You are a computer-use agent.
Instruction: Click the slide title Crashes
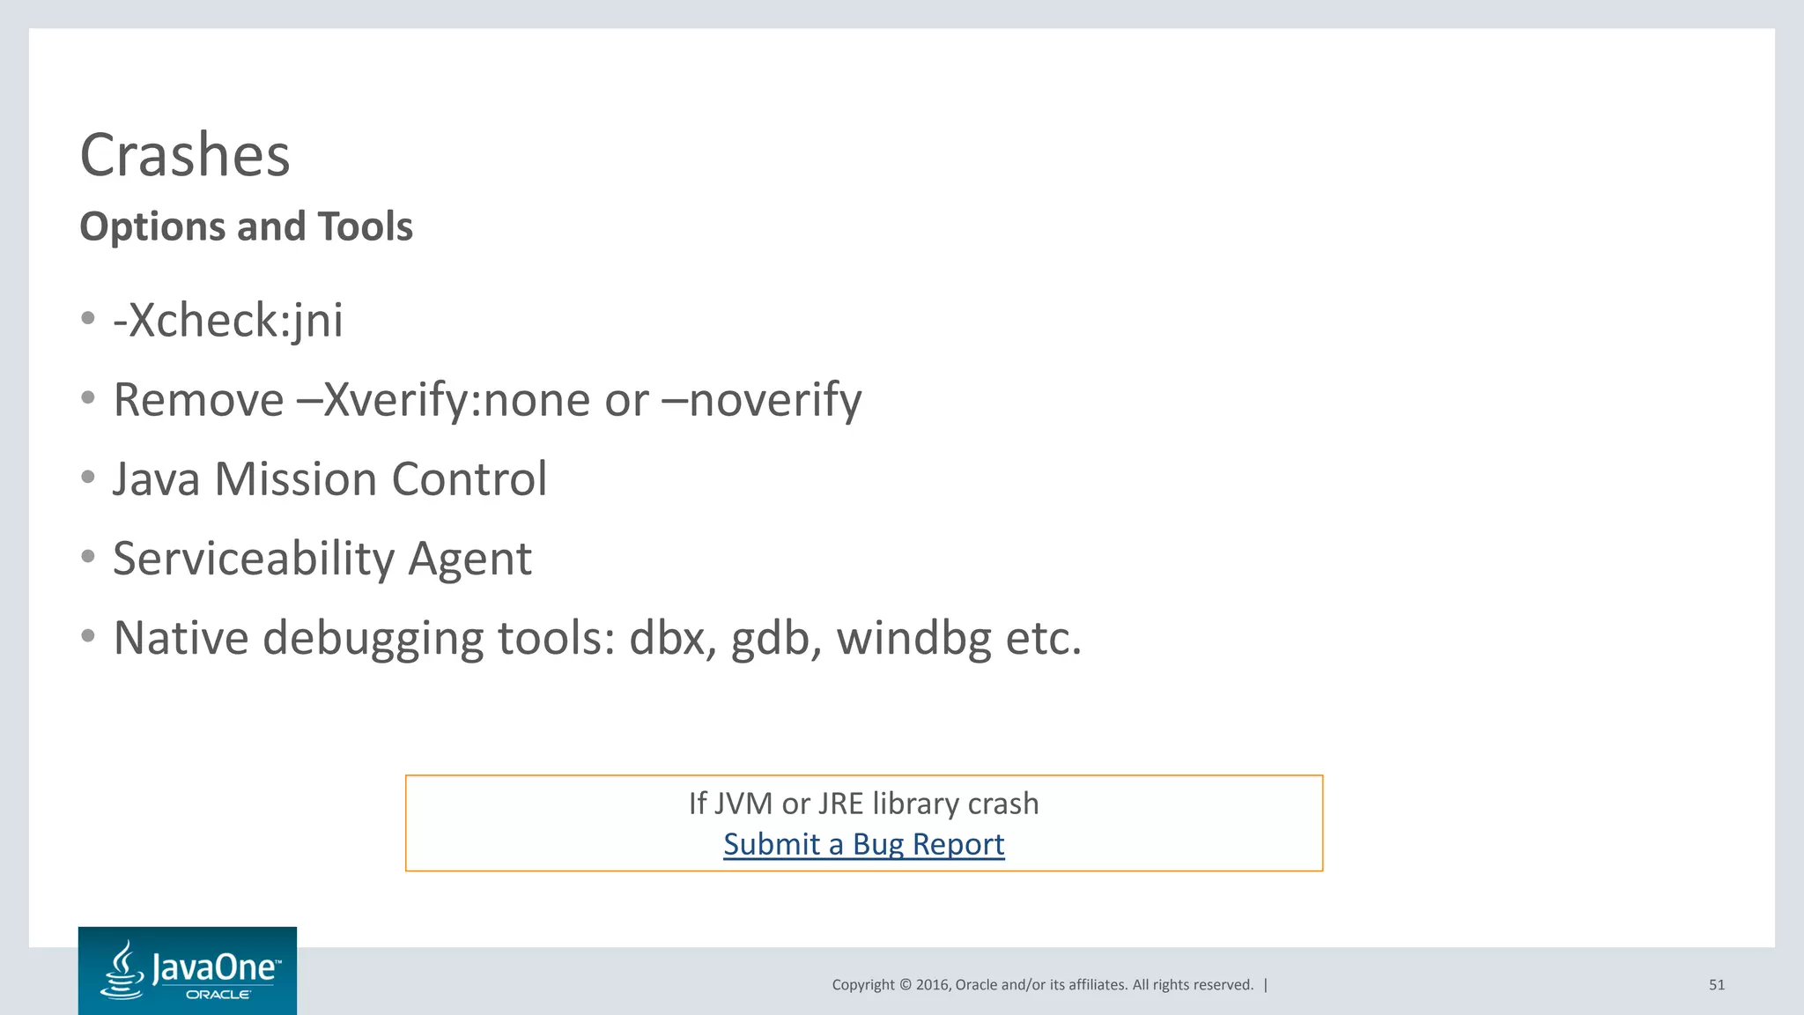(x=185, y=155)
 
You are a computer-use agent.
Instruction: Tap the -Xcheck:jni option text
(x=228, y=320)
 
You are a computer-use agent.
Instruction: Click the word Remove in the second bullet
(x=199, y=400)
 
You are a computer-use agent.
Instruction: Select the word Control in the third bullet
(x=469, y=479)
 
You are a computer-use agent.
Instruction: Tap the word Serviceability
(x=254, y=559)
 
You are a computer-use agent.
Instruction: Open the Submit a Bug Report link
(x=863, y=844)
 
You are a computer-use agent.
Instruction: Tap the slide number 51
(x=1716, y=985)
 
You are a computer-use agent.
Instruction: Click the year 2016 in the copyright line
(x=933, y=985)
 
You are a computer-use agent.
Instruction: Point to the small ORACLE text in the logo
(x=218, y=995)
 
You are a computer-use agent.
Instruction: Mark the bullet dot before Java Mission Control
(x=87, y=478)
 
